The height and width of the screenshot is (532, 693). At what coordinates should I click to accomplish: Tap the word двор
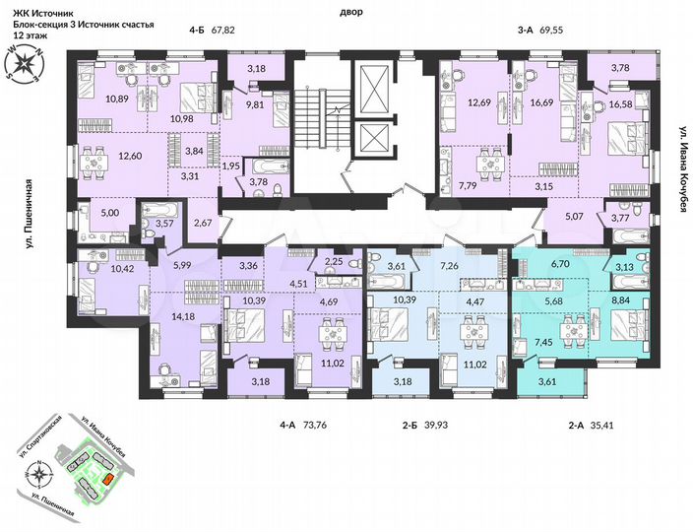349,12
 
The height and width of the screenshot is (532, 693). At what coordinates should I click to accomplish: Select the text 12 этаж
31,33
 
